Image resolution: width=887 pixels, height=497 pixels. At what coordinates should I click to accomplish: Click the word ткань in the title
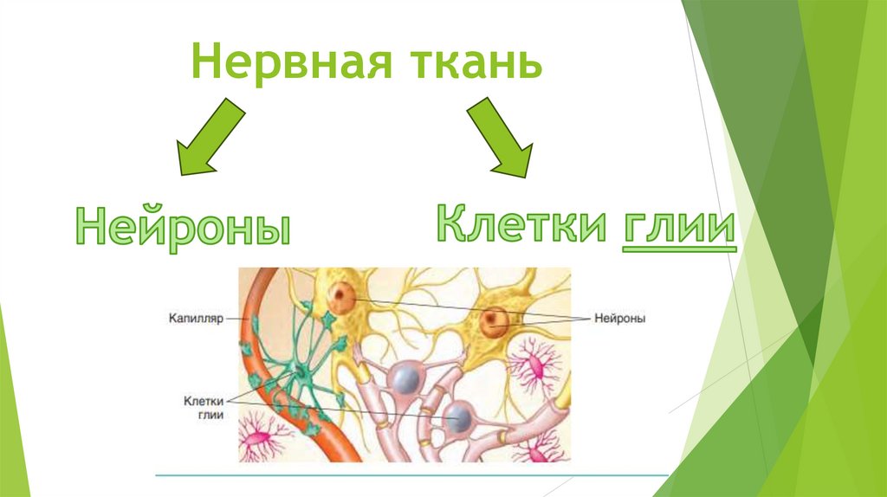pyautogui.click(x=472, y=65)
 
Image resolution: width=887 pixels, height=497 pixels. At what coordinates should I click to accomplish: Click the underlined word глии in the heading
pyautogui.click(x=678, y=227)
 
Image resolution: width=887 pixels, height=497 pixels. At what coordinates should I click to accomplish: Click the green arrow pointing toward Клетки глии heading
pyautogui.click(x=500, y=137)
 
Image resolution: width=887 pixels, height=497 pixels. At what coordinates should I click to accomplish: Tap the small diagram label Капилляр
pyautogui.click(x=197, y=319)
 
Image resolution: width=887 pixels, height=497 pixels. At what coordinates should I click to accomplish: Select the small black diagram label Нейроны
pyautogui.click(x=621, y=319)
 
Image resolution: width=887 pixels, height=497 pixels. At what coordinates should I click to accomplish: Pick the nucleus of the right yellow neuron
pyautogui.click(x=495, y=322)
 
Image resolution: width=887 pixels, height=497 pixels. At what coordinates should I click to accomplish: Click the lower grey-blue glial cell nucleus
pyautogui.click(x=458, y=418)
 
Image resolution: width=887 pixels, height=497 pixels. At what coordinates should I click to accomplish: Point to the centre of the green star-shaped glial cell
pyautogui.click(x=299, y=373)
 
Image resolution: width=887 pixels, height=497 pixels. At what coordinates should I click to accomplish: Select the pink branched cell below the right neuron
pyautogui.click(x=539, y=367)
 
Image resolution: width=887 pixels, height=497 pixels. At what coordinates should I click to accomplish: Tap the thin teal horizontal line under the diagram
pyautogui.click(x=407, y=474)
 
